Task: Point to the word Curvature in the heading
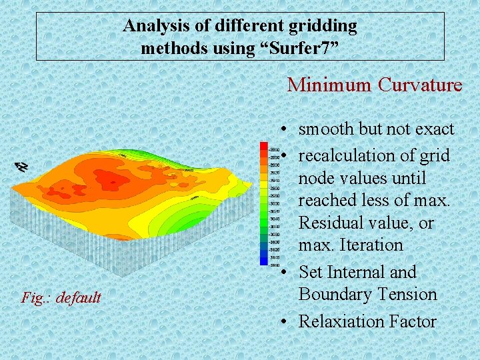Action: point(419,85)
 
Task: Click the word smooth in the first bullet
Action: point(326,129)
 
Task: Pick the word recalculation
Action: point(350,156)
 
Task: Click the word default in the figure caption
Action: point(78,297)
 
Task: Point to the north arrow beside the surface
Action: point(22,167)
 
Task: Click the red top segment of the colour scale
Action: point(265,149)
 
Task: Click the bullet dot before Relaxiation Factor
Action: point(285,322)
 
